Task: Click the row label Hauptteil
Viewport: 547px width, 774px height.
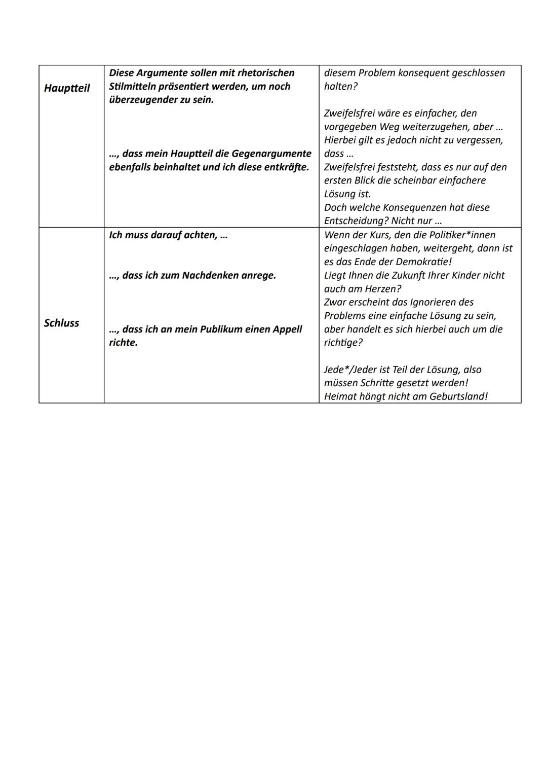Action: pos(67,88)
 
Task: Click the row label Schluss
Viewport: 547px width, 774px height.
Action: pos(61,323)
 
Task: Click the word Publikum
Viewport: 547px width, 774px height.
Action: pos(222,329)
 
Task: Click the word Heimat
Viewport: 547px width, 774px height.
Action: pos(340,396)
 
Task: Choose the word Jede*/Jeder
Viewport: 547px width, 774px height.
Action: pos(353,370)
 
